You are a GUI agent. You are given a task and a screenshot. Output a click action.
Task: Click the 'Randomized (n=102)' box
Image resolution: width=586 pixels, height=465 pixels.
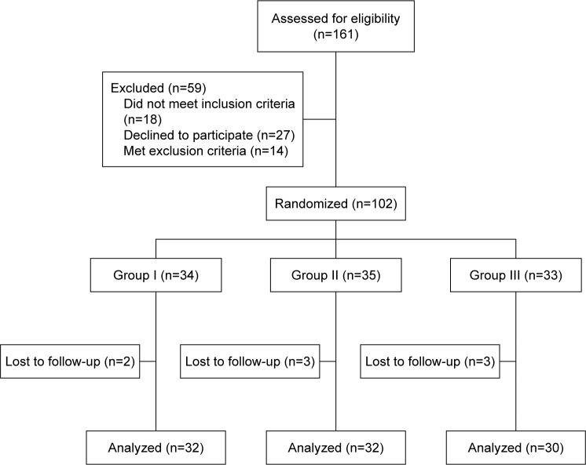coord(335,205)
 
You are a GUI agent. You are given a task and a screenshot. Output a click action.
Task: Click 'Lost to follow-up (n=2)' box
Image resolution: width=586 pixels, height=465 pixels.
coord(70,362)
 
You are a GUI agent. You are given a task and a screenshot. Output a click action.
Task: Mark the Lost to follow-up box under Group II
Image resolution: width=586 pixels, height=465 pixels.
coord(249,362)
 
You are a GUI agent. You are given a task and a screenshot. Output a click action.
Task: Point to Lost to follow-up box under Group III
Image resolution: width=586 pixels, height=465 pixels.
coord(429,362)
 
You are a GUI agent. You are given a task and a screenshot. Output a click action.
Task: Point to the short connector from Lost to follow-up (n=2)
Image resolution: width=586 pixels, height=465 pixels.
coord(148,362)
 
